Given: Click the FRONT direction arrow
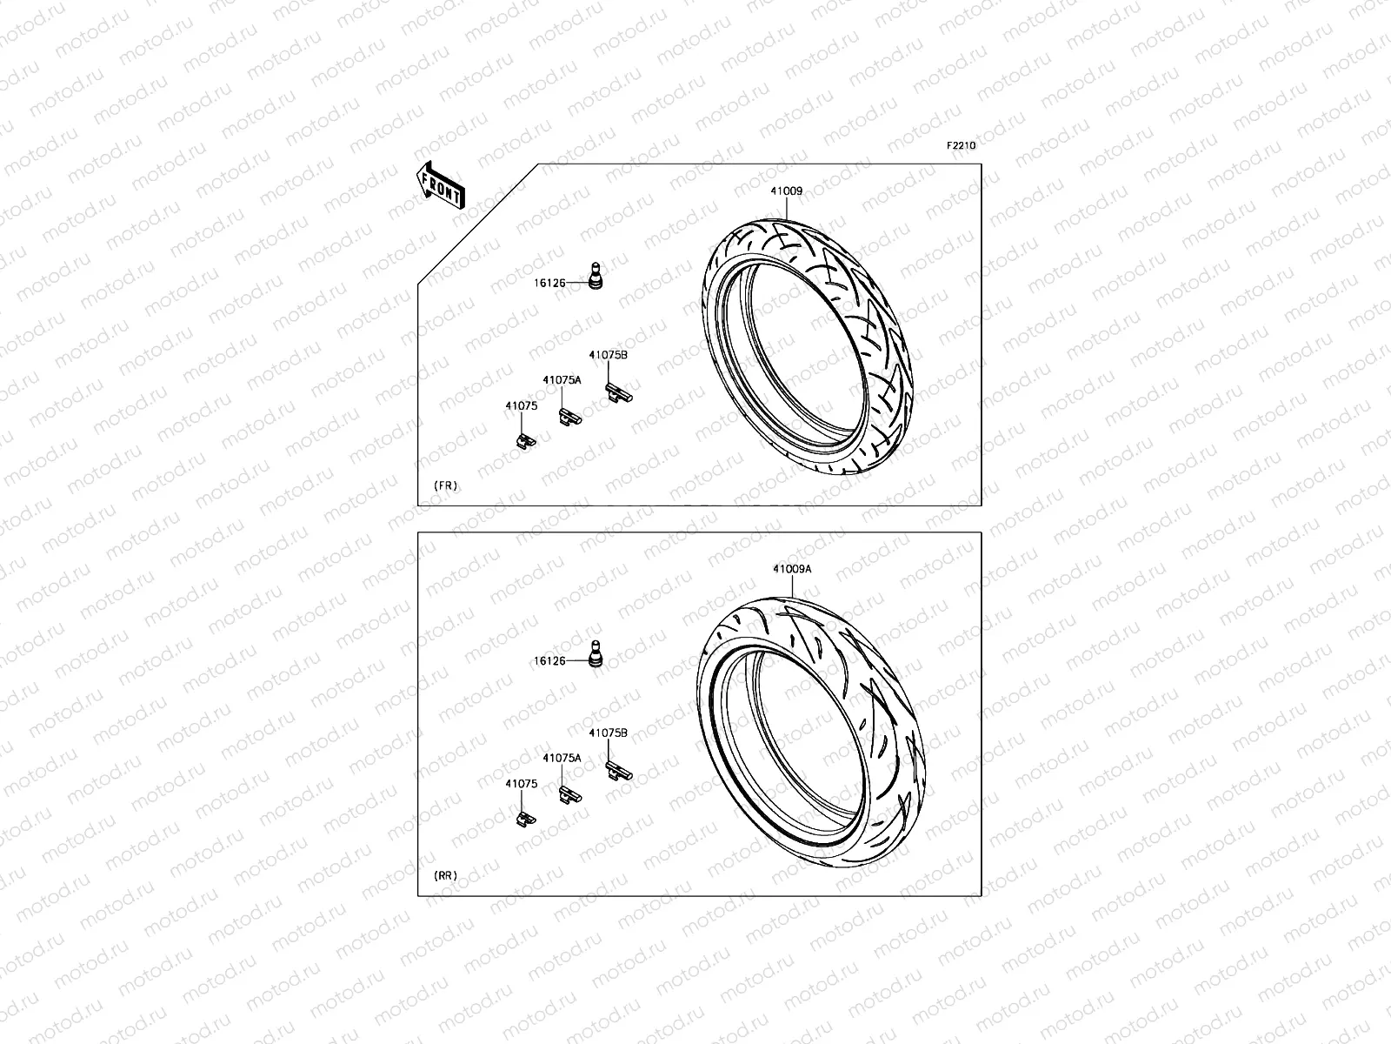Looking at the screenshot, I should [442, 185].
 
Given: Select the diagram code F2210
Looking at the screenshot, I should [961, 146].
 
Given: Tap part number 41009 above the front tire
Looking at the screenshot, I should [785, 191].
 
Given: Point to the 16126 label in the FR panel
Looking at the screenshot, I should [549, 283].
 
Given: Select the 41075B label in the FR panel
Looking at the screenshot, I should [608, 355].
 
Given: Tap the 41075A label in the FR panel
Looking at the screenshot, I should [562, 380].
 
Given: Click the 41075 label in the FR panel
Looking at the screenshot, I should [522, 405].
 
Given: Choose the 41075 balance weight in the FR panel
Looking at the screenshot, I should [524, 439].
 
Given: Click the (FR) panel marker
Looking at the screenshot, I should [445, 485].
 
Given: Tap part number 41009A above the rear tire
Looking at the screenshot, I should [791, 569].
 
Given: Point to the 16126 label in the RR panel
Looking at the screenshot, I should [549, 661].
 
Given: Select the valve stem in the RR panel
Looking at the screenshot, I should [595, 654].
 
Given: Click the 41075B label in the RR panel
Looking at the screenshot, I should [608, 733].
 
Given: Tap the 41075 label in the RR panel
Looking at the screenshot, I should [522, 784].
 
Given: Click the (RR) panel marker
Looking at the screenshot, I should [446, 876].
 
